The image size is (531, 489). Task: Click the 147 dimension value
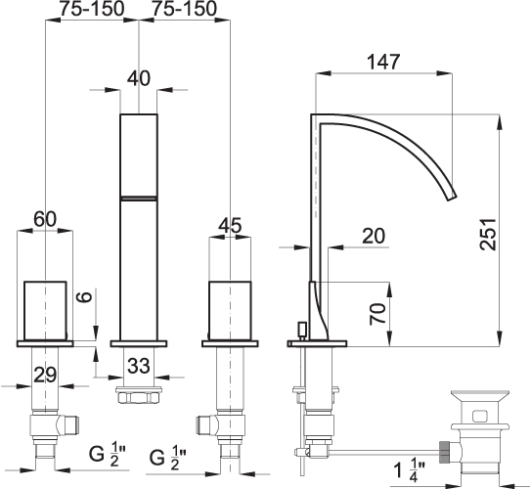(x=383, y=62)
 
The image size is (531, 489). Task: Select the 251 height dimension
(x=488, y=235)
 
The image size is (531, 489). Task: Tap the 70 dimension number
(x=377, y=314)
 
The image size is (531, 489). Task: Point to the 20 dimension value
(x=374, y=236)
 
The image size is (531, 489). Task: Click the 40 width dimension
(x=139, y=78)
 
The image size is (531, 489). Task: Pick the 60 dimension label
(x=45, y=219)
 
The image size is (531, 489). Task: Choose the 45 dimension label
(x=230, y=225)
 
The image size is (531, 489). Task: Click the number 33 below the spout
(x=139, y=366)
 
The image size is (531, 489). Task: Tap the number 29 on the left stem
(x=45, y=375)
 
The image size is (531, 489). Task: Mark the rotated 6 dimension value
(x=86, y=296)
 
